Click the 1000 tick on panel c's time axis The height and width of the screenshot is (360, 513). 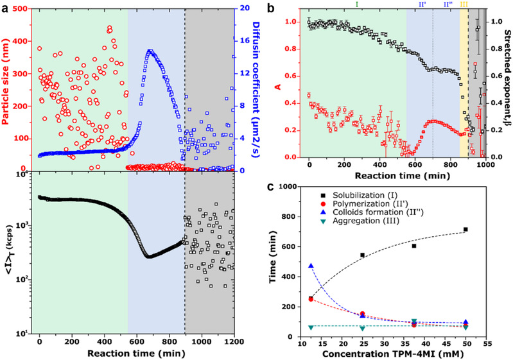[293, 187]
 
